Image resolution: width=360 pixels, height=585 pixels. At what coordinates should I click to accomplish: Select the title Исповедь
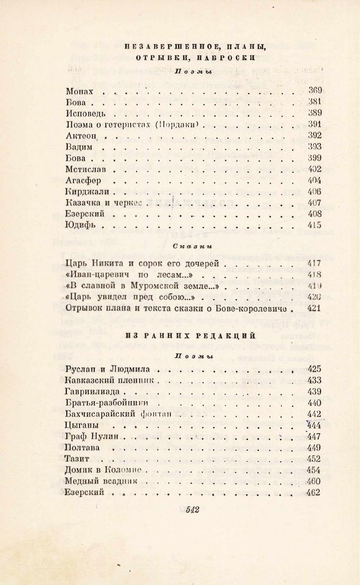pyautogui.click(x=87, y=113)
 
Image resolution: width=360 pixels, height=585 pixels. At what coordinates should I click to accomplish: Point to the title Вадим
pyautogui.click(x=79, y=147)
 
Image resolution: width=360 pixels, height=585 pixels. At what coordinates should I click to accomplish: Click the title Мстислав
pyautogui.click(x=87, y=169)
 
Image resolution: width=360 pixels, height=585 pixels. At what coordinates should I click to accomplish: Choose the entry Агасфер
pyautogui.click(x=84, y=181)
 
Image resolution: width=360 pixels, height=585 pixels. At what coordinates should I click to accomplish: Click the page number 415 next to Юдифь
pyautogui.click(x=314, y=225)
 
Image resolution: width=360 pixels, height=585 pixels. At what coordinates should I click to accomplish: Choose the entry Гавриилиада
pyautogui.click(x=94, y=391)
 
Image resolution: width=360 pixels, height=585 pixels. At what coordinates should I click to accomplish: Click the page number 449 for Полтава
pyautogui.click(x=314, y=447)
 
